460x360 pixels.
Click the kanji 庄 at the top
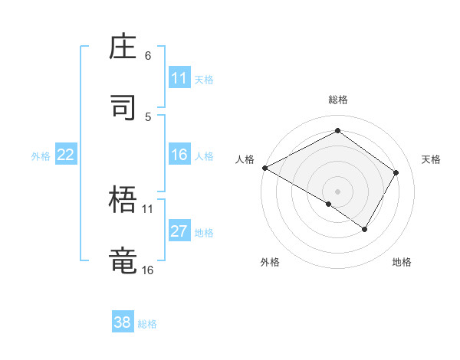(124, 47)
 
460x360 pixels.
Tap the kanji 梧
(124, 201)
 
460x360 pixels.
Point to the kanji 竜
(124, 260)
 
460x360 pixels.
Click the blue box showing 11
(179, 78)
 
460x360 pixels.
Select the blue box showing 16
(179, 155)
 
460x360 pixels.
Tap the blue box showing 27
(179, 232)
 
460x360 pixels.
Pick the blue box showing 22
(66, 155)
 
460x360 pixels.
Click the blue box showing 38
(123, 322)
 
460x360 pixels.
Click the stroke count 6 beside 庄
(148, 56)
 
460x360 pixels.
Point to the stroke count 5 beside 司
(148, 116)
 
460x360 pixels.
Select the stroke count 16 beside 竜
(147, 270)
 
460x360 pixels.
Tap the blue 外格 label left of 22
(41, 156)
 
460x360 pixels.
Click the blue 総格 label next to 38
(147, 324)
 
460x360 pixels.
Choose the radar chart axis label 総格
(337, 100)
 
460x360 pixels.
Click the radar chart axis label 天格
(431, 159)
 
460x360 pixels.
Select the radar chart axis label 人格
(245, 159)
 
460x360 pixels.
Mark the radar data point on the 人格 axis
(264, 168)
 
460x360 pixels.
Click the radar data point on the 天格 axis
(396, 172)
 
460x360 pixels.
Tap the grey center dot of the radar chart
(337, 191)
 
